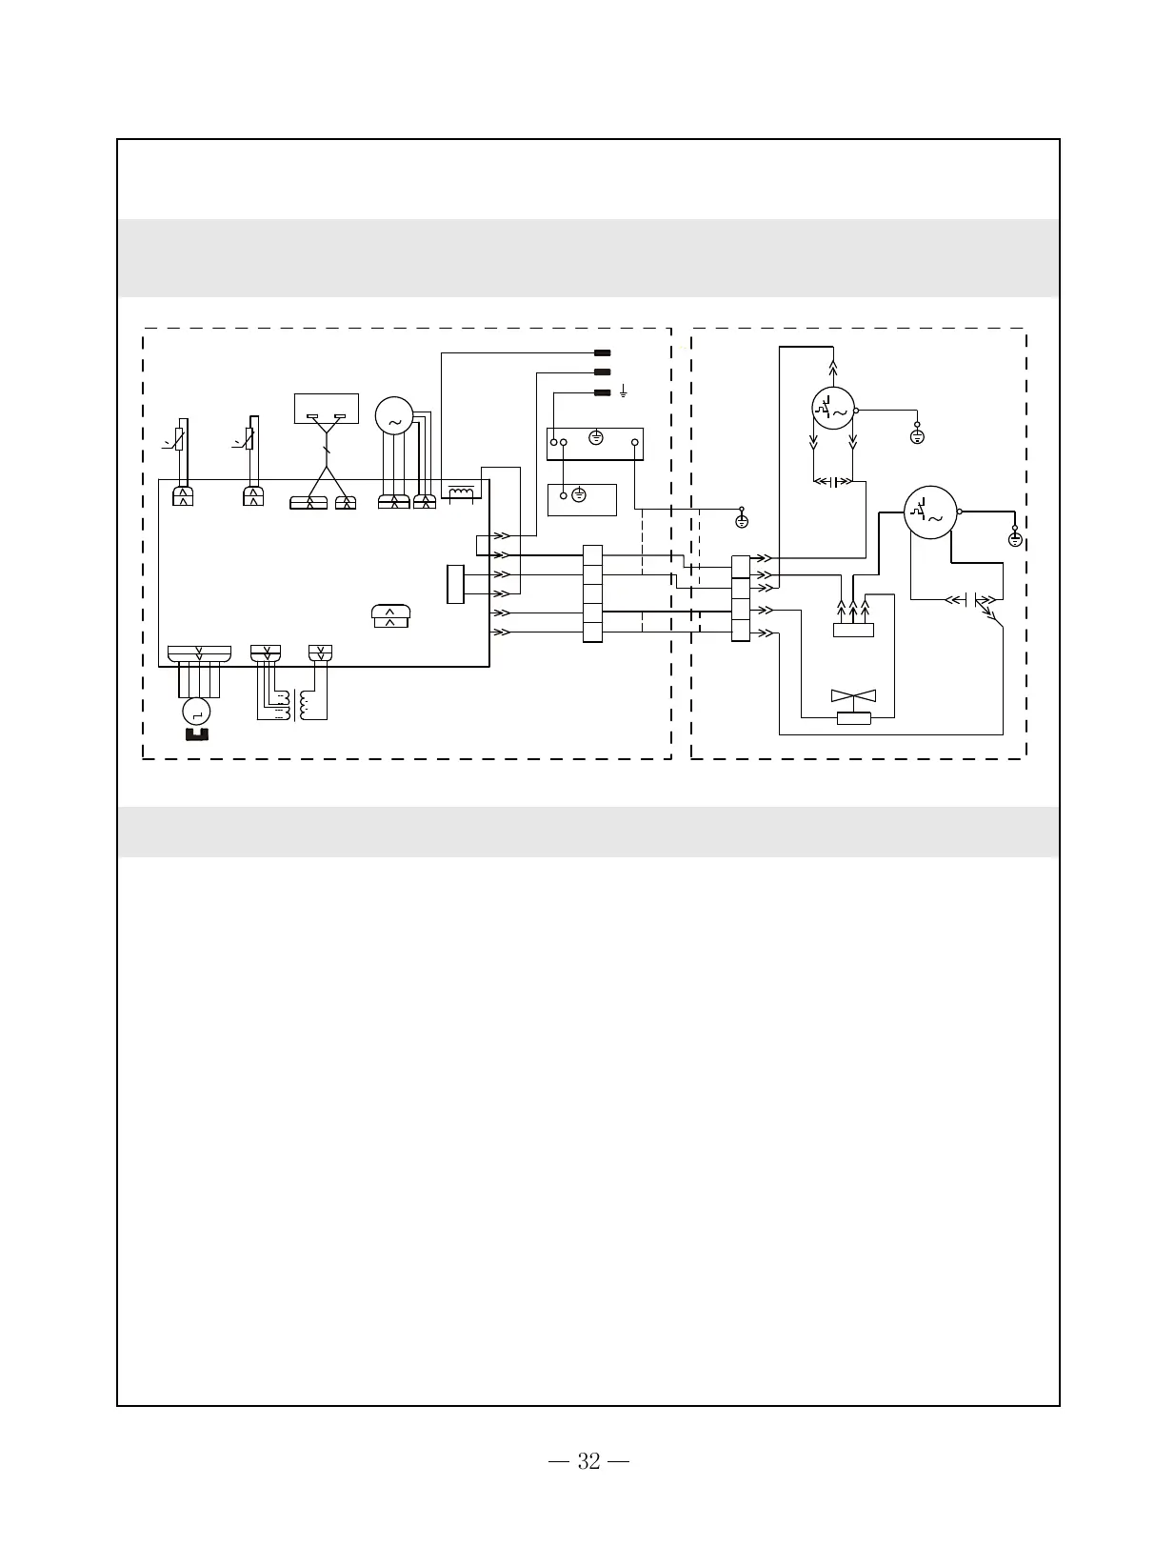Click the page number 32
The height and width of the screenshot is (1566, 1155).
[x=588, y=1461]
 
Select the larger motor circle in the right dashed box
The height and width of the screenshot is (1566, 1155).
[x=929, y=512]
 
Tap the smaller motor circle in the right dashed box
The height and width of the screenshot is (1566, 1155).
[x=833, y=409]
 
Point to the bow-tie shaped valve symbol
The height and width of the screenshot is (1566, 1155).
[x=853, y=697]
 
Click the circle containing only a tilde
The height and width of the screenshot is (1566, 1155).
[x=394, y=415]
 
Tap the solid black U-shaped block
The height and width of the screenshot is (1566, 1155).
[x=197, y=733]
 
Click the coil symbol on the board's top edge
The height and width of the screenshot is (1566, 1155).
[x=461, y=492]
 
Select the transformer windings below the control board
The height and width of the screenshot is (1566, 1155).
[x=292, y=706]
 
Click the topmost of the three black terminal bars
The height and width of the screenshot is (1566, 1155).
[x=602, y=353]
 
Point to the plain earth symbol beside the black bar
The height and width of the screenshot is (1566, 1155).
[x=623, y=391]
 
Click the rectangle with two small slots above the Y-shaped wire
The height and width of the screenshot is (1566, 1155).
[x=327, y=409]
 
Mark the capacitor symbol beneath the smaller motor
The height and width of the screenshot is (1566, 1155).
[x=834, y=481]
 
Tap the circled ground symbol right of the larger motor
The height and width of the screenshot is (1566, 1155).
[x=1015, y=539]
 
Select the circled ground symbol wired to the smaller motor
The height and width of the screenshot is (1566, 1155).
[x=918, y=436]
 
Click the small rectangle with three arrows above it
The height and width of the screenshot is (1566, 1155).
[x=853, y=630]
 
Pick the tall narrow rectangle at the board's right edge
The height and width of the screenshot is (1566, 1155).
[x=455, y=584]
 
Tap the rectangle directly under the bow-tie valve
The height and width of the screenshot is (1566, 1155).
[x=853, y=717]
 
